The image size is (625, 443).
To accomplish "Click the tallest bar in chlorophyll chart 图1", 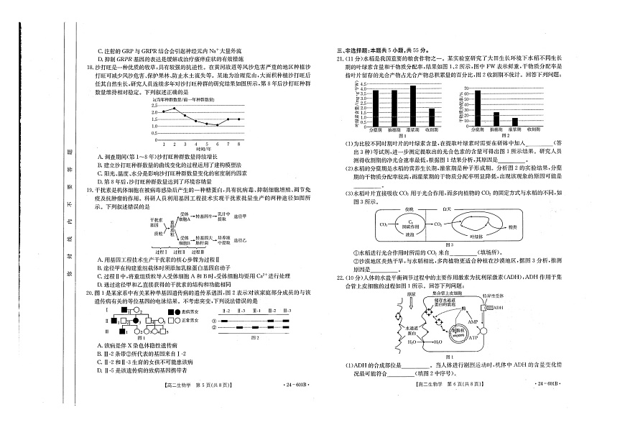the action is point(412,105).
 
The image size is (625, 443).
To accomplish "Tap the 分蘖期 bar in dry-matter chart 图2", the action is point(476,108).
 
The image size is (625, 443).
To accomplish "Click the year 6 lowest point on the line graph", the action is point(217,125).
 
